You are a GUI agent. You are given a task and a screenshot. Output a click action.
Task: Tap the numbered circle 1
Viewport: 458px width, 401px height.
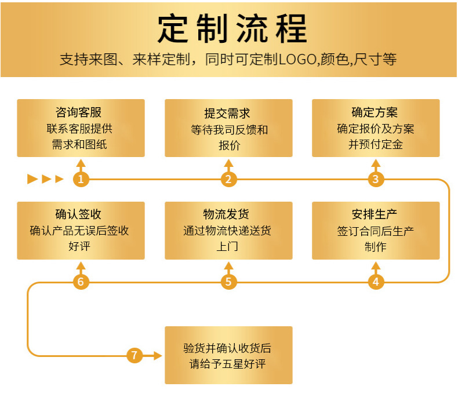[81, 179]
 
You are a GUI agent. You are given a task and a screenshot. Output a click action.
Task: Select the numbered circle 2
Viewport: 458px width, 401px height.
[228, 179]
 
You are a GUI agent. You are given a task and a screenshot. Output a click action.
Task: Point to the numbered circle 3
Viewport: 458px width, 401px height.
[376, 179]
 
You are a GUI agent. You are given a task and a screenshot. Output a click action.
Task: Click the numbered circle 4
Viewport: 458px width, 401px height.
[376, 282]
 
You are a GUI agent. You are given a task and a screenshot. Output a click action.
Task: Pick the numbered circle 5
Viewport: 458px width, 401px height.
[228, 282]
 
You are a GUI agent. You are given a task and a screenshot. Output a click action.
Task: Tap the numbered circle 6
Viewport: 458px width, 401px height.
[81, 282]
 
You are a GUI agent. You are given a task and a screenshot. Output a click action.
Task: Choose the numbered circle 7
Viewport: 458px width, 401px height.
[135, 355]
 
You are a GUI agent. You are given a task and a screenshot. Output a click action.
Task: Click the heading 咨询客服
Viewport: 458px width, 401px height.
[81, 112]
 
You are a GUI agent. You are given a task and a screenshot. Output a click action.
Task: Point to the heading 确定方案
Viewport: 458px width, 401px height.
[375, 112]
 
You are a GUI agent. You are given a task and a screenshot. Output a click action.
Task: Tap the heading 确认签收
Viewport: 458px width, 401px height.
[81, 214]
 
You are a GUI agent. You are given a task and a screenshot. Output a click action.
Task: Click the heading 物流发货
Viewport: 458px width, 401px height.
[228, 214]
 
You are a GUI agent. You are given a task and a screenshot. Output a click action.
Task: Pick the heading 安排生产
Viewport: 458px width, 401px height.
[375, 214]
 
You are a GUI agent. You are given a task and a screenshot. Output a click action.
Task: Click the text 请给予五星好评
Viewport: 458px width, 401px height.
[228, 364]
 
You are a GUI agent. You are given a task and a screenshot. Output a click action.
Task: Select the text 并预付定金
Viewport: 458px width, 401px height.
[375, 144]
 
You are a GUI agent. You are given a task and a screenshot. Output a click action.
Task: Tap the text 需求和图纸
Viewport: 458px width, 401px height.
[80, 144]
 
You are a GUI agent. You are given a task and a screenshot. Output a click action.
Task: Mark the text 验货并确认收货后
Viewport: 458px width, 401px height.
[228, 348]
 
